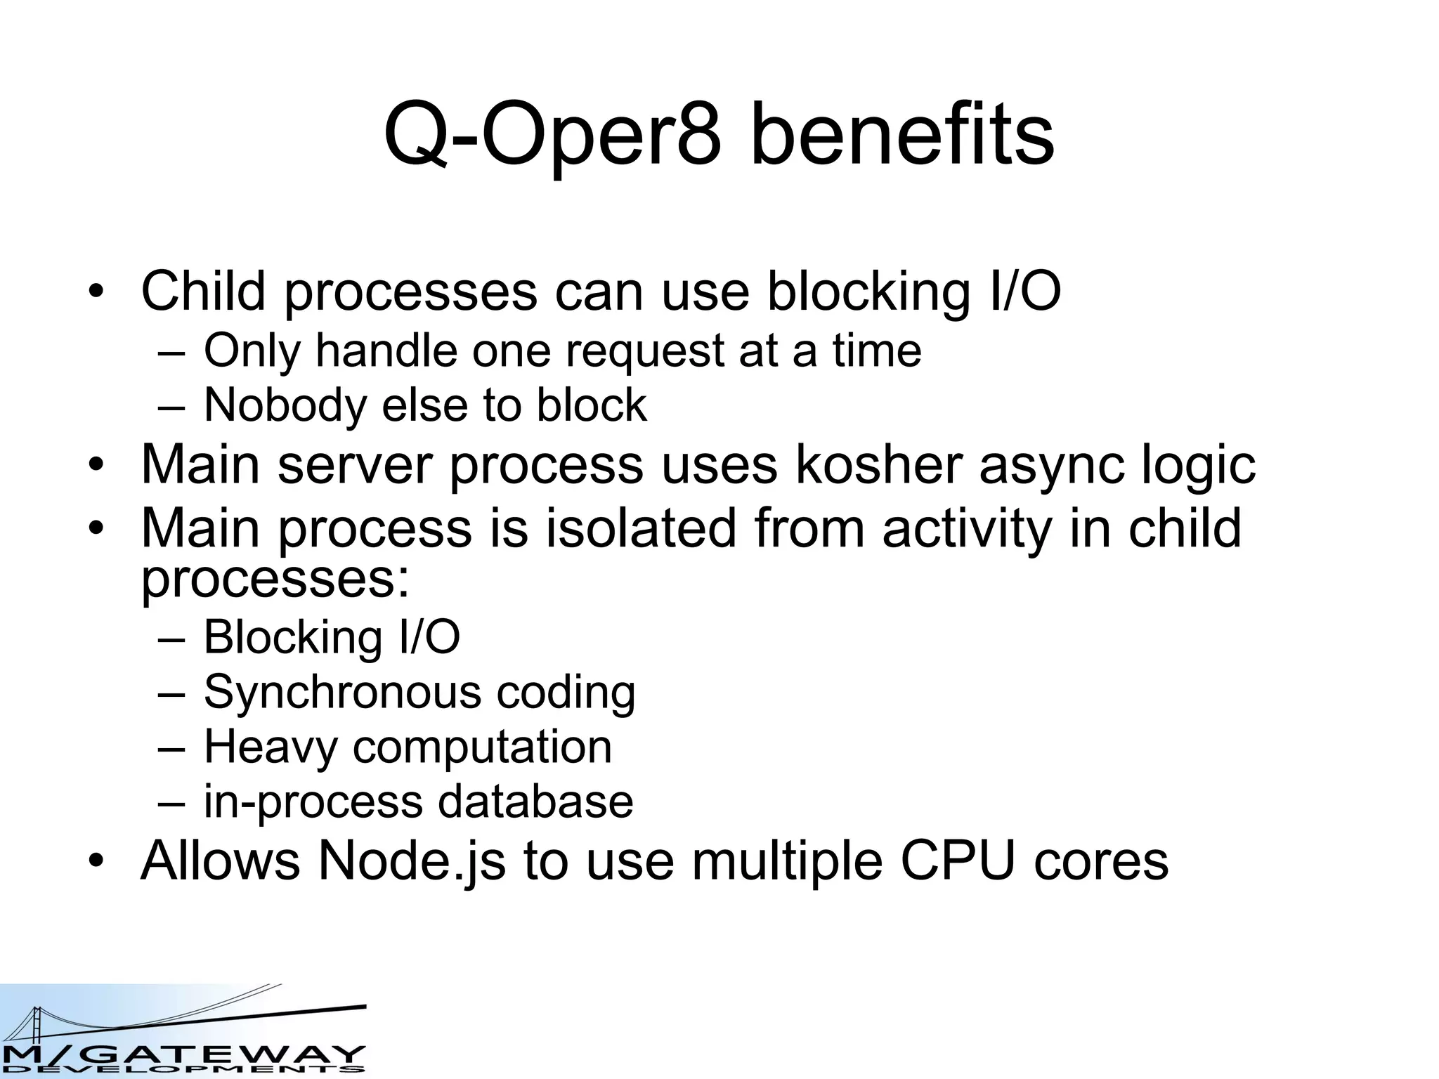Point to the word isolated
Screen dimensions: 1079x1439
tap(640, 528)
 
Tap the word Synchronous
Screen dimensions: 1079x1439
tap(342, 692)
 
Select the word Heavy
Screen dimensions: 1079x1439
tap(271, 747)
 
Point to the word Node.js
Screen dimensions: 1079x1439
tap(412, 861)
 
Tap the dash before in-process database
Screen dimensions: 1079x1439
tap(171, 802)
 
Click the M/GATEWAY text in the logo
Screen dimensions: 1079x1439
tap(183, 1054)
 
